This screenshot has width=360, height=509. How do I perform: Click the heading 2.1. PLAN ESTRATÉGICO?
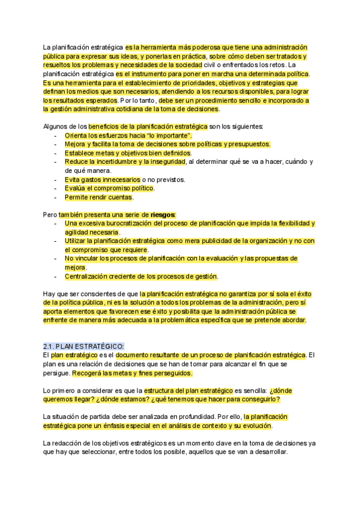coord(83,346)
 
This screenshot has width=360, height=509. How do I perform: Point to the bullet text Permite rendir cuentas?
coord(99,197)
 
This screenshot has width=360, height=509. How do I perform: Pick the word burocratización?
coord(124,223)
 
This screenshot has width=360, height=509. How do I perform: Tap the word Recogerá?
coord(89,373)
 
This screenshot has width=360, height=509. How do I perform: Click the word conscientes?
coord(100,294)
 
